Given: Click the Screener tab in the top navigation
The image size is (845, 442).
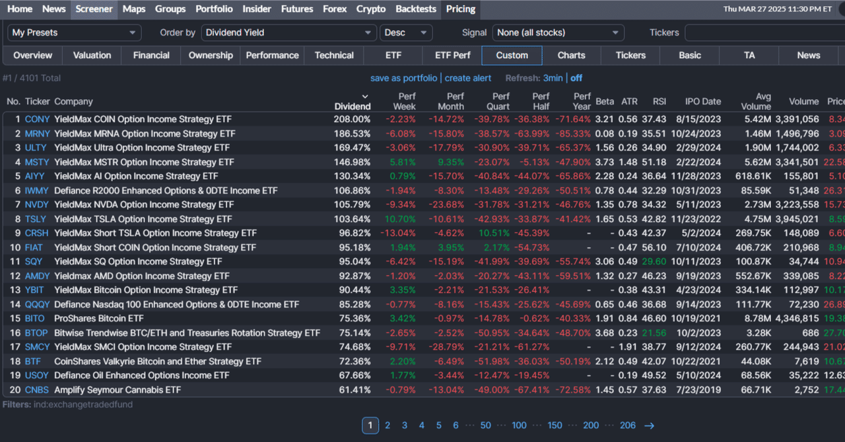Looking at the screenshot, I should [94, 9].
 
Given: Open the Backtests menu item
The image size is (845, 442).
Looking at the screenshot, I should [415, 9].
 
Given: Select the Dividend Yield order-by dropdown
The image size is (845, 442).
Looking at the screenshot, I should [288, 32].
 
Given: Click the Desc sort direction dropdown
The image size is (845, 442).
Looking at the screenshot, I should [405, 32].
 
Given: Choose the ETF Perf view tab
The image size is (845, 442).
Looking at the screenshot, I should [452, 55].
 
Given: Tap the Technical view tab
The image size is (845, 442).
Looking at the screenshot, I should [334, 55].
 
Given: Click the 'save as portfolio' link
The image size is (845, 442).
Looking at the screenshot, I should [403, 78].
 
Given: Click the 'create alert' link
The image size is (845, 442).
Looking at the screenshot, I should [467, 78].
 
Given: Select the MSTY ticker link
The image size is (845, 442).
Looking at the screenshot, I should [37, 162].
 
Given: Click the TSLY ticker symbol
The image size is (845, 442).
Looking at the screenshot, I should [36, 219].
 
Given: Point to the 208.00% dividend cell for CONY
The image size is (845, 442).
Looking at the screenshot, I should [352, 119].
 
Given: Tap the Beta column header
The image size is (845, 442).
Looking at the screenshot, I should [604, 102].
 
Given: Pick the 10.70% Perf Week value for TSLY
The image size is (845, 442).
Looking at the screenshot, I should [403, 219].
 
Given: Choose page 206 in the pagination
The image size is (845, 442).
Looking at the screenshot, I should [627, 426].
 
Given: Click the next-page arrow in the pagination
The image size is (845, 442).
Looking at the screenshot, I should [649, 426].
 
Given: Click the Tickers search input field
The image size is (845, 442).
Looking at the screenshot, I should [764, 32].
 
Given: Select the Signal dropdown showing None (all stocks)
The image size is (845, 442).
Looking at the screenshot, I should [558, 32].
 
